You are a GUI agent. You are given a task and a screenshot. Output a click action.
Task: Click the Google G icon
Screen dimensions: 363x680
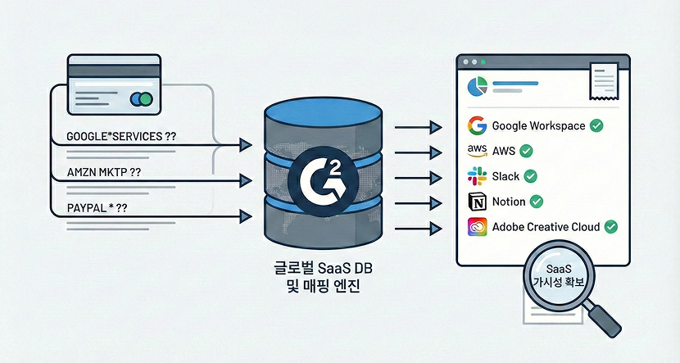coord(477,125)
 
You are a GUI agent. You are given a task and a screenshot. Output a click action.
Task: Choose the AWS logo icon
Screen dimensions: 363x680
coord(477,151)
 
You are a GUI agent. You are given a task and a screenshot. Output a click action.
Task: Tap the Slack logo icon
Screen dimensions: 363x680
coord(477,176)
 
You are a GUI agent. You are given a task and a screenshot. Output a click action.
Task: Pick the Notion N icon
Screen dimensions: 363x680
coord(477,201)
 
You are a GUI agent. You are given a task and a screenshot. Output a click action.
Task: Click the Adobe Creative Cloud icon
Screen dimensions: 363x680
coord(477,227)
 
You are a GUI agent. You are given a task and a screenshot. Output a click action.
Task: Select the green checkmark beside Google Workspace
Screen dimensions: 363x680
coord(597,125)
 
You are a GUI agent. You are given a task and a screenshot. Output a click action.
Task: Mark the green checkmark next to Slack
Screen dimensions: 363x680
coord(530,176)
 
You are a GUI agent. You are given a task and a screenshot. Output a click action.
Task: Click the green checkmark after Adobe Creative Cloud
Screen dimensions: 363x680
coord(610,227)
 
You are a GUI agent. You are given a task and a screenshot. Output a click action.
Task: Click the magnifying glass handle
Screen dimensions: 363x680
coord(604,315)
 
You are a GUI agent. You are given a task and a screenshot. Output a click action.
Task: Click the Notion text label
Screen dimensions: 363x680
coord(508,201)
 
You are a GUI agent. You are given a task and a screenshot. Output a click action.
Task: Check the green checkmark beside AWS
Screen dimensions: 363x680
coord(527,151)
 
